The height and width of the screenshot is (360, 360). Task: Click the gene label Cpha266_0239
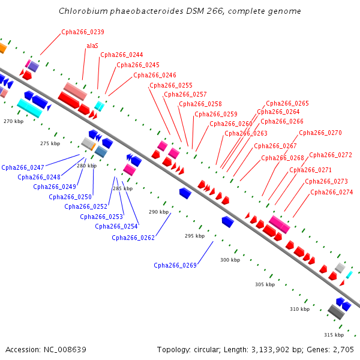click(x=82, y=32)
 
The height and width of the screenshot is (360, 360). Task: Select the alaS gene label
click(x=92, y=46)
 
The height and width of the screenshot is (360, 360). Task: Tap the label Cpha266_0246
click(x=155, y=76)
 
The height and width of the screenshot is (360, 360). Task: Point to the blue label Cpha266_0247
click(x=23, y=167)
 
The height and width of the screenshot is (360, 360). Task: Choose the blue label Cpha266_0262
click(x=133, y=238)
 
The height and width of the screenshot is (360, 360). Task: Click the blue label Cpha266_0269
click(x=175, y=265)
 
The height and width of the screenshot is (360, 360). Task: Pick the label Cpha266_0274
click(x=332, y=192)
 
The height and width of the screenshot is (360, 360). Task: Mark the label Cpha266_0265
click(x=287, y=104)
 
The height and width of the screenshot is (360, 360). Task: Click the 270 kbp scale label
click(x=13, y=121)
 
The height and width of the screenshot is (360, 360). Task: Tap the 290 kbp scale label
click(x=158, y=212)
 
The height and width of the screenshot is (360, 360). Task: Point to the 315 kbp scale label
click(x=334, y=334)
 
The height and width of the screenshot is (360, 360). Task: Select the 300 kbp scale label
click(x=230, y=260)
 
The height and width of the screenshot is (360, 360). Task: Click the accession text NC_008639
click(x=64, y=349)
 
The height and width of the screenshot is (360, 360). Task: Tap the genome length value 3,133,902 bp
click(x=279, y=349)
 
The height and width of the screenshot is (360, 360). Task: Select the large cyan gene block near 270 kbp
click(x=29, y=107)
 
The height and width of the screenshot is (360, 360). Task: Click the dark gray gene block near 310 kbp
click(x=336, y=312)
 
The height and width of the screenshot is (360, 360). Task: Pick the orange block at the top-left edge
click(x=2, y=48)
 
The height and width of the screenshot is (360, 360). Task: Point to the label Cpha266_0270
click(x=320, y=133)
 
